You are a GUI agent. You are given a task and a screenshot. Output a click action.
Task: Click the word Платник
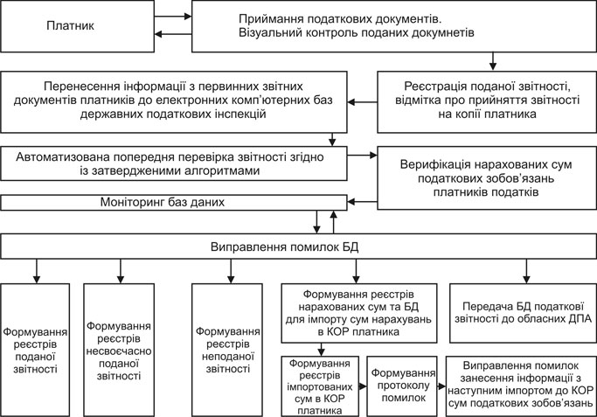70,27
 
